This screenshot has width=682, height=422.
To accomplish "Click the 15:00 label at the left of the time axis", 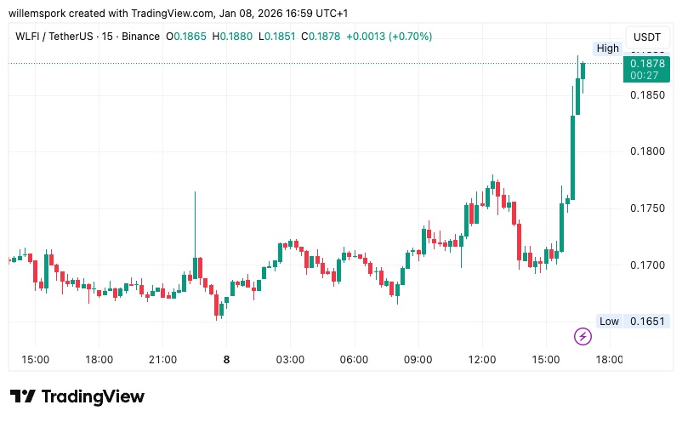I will [x=35, y=360].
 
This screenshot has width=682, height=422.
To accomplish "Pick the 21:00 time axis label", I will [x=162, y=360].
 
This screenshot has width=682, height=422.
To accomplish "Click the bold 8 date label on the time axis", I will [x=226, y=360].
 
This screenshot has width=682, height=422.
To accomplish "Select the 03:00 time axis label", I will [x=290, y=360].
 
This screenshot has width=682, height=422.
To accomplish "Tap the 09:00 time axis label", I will [x=418, y=360].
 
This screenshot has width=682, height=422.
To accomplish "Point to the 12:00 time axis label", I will [x=482, y=360].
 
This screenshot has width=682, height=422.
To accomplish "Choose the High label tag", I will [x=608, y=48].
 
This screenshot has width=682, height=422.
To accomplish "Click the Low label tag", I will [x=609, y=322].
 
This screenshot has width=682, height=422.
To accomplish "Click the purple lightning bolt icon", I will [x=583, y=336].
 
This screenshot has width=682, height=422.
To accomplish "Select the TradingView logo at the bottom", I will [x=77, y=396].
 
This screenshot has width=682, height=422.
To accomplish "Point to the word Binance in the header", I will [x=139, y=37].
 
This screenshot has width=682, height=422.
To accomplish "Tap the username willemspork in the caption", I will [x=40, y=14].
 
